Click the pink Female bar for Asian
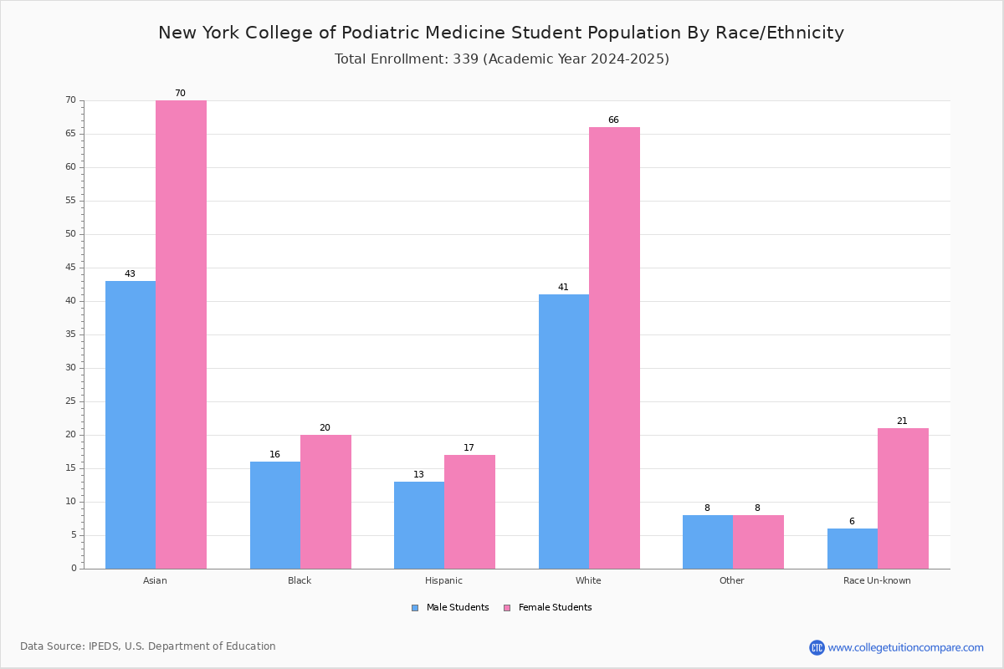point(181,334)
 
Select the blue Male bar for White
point(564,432)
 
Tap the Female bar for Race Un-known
point(903,498)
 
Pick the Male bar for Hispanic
point(419,525)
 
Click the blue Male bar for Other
point(708,542)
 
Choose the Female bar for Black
point(325,502)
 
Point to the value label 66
point(613,120)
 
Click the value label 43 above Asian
point(130,273)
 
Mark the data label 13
point(418,474)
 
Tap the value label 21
point(902,421)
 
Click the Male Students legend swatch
point(415,608)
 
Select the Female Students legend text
point(555,607)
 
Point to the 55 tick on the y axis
point(71,201)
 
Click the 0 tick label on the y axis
point(74,568)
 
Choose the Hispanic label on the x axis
point(443,580)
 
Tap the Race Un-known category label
point(877,580)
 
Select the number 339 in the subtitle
point(466,59)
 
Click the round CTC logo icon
point(817,647)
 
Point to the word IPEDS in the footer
point(104,646)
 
